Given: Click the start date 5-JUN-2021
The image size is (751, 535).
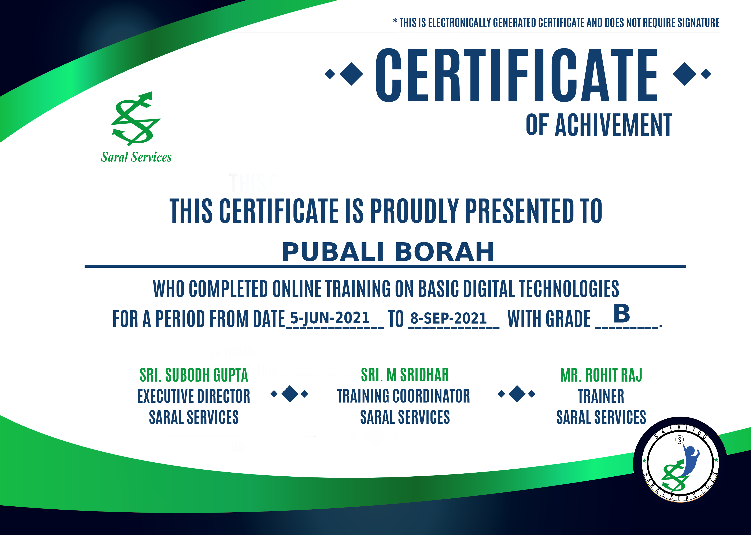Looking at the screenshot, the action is pos(330,318).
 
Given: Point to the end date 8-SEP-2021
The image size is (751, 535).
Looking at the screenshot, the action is pos(448,318).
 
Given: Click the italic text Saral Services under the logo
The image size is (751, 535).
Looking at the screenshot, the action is pos(136,157).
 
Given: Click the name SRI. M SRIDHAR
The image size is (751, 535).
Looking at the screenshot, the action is pos(405,375).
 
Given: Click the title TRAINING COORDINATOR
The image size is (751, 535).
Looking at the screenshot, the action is pos(403,396).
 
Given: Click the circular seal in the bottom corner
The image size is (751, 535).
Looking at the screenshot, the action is pos(680,464).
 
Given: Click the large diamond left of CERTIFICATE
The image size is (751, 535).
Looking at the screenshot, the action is pos(351,74).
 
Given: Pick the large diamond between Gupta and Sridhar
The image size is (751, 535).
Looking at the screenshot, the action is pos(290,394).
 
